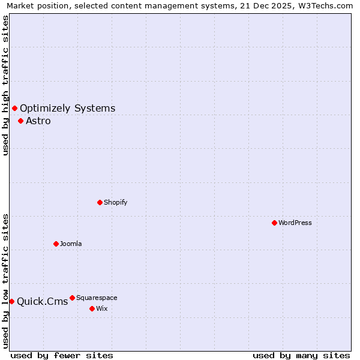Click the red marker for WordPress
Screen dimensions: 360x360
274,223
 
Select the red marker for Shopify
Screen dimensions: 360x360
100,202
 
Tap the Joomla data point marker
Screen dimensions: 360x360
56,244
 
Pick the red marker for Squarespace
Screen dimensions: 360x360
72,298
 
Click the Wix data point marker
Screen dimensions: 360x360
92,308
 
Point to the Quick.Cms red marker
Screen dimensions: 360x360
11,301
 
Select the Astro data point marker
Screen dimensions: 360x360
20,121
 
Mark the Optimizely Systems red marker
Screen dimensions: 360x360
14,108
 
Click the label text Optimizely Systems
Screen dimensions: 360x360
67,109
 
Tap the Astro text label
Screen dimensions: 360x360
38,121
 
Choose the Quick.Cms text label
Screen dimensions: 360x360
42,302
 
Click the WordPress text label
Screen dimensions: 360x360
295,223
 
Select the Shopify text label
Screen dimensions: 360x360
115,202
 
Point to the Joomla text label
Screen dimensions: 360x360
71,244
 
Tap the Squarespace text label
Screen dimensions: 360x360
97,298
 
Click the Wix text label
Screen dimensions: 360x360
101,308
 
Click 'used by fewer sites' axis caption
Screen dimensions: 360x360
62,355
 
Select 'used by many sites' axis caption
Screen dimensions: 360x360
301,355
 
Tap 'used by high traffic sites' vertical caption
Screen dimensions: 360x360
5,85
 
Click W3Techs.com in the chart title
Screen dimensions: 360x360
325,5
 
